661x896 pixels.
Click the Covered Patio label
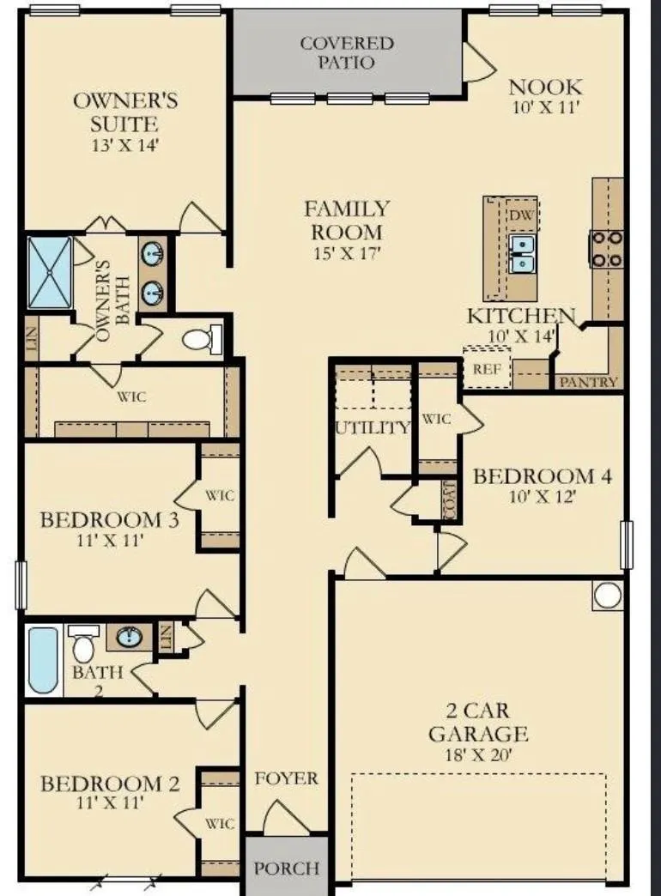pos(347,52)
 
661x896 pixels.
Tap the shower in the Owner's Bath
pos(51,273)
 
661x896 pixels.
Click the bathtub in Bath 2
pos(44,660)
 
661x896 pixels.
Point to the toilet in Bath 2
pos(83,644)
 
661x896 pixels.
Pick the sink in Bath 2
pos(130,637)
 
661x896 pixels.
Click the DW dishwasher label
pos(521,215)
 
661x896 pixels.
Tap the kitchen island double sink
pos(521,254)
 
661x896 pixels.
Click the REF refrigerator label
pos(487,369)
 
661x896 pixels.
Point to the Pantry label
pos(588,382)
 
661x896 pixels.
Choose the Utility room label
pos(373,427)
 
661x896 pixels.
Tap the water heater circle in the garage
pos(607,595)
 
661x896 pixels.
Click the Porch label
pos(287,869)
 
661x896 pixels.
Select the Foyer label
pos(287,778)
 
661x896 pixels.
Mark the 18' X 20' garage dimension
pos(478,755)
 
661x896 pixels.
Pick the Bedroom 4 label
pos(543,476)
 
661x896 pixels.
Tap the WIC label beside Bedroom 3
pos(220,495)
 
